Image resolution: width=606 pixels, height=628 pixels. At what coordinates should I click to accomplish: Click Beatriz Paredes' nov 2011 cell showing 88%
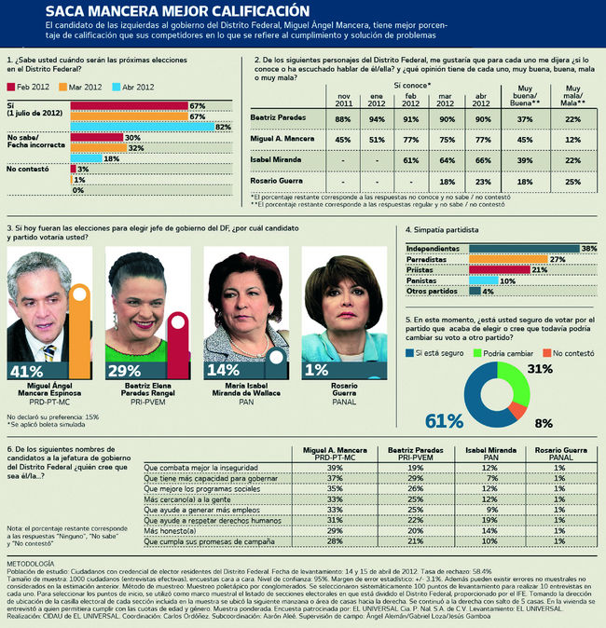pyautogui.click(x=343, y=120)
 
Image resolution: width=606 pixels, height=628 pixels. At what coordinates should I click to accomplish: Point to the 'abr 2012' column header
pyautogui.click(x=482, y=96)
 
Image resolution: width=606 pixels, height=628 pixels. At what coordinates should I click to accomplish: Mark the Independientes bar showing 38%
pyautogui.click(x=522, y=248)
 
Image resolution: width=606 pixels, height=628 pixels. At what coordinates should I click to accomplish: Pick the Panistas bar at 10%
pyautogui.click(x=484, y=280)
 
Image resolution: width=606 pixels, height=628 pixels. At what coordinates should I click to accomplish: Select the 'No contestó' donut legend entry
pyautogui.click(x=567, y=354)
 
